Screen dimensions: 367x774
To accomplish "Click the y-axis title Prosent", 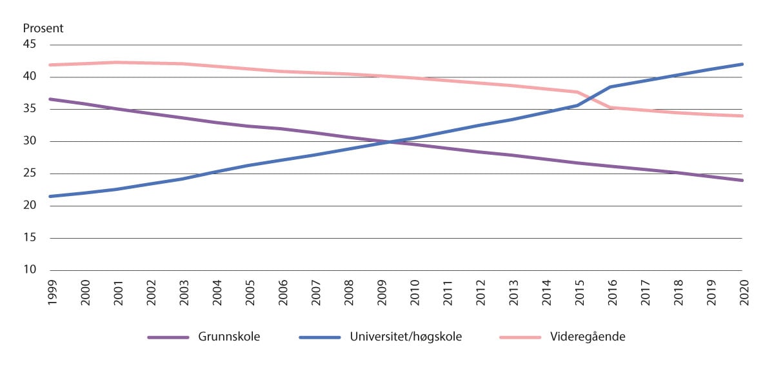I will click(x=43, y=28).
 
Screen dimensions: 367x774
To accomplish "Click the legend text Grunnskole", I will click(x=230, y=337).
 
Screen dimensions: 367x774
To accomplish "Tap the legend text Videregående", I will click(x=579, y=337).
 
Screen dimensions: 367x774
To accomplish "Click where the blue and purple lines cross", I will click(x=387, y=142).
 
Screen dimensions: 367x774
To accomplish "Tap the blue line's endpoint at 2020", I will click(x=742, y=64).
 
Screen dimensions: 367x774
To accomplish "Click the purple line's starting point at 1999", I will click(x=50, y=99).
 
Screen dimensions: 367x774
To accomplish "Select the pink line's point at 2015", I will click(x=577, y=92).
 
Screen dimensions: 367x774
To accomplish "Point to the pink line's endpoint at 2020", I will click(x=742, y=116).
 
